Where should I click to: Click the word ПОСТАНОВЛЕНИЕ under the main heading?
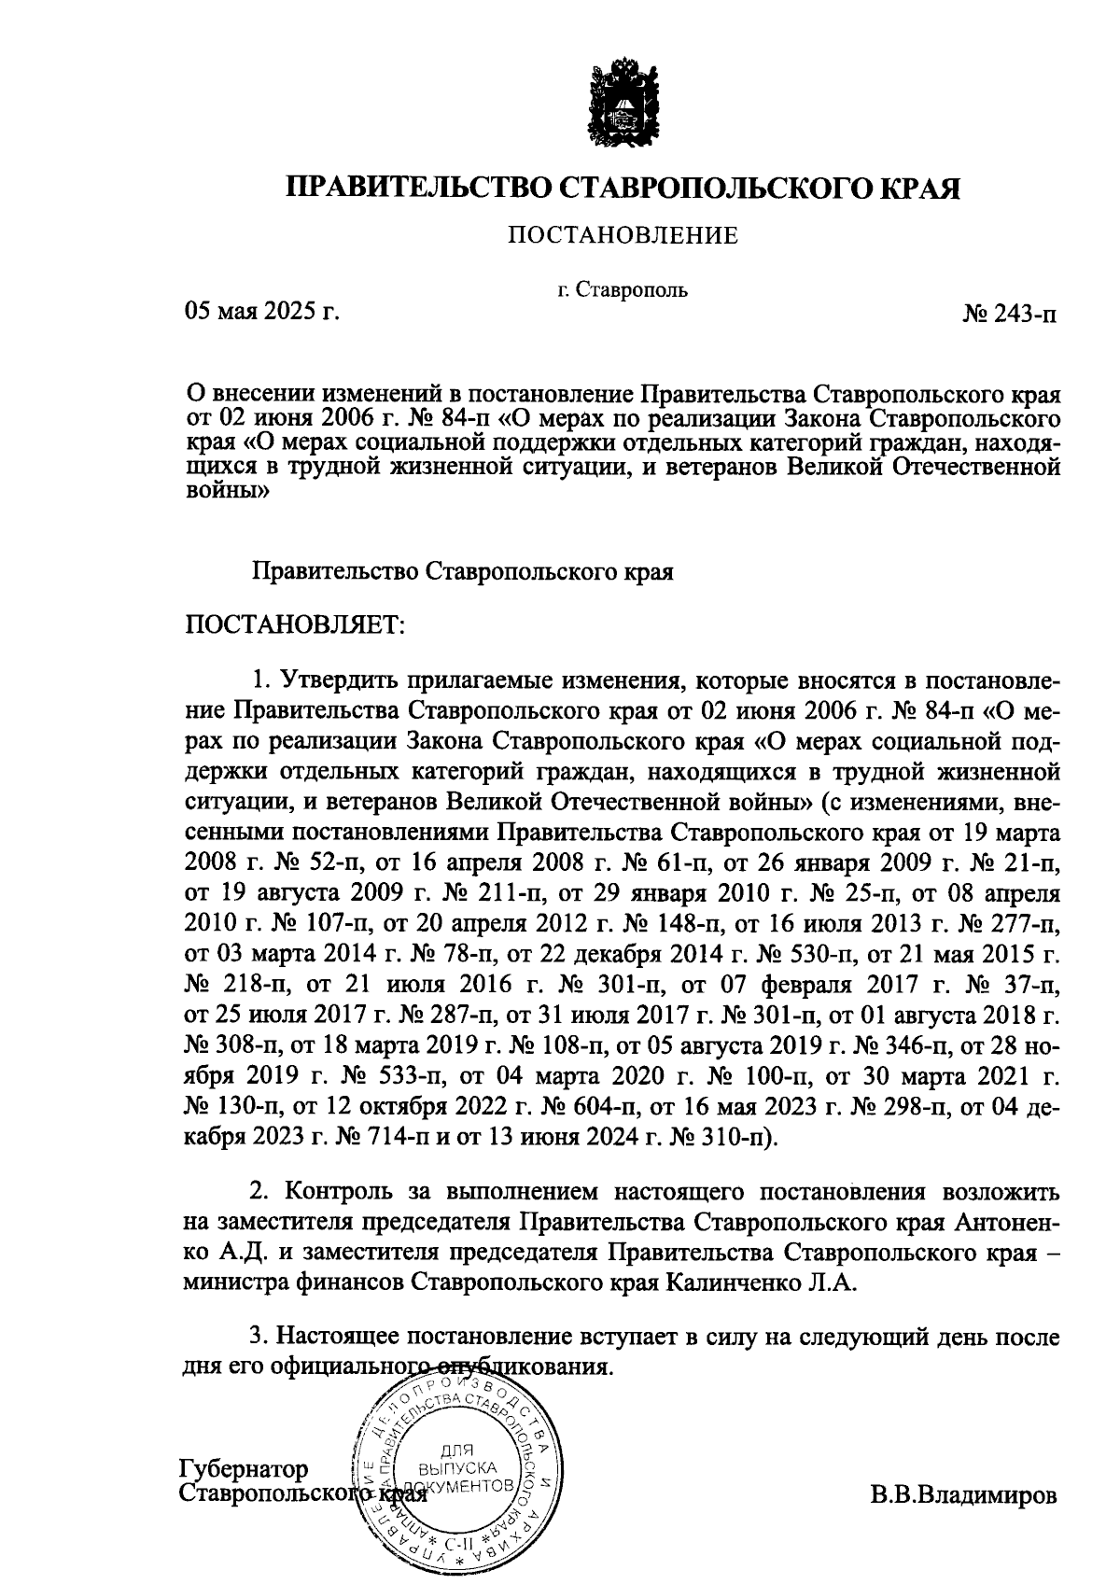tap(623, 236)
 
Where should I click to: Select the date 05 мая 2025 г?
tap(261, 311)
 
